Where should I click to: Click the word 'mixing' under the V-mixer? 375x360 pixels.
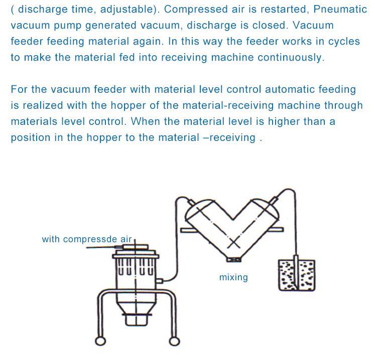(233, 278)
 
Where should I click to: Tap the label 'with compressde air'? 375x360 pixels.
(87, 239)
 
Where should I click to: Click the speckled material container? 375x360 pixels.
(297, 275)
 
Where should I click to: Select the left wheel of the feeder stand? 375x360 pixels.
(100, 341)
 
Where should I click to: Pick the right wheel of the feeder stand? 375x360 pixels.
(174, 341)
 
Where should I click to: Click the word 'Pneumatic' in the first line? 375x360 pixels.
(340, 10)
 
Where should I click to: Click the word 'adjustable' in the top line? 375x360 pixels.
(127, 10)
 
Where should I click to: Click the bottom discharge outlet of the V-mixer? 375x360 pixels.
(233, 259)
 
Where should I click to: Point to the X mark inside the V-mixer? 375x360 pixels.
(233, 244)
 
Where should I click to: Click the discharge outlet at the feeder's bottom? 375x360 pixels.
(137, 320)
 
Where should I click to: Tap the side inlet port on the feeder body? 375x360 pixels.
(160, 281)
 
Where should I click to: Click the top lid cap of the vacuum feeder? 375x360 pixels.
(135, 247)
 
